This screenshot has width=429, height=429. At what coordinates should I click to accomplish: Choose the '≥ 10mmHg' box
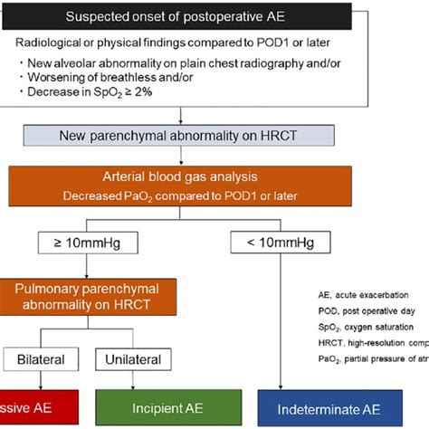tap(87, 243)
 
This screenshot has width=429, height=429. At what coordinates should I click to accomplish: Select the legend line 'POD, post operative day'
tap(358, 310)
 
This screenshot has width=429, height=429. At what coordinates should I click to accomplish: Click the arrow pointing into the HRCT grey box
tap(182, 116)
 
